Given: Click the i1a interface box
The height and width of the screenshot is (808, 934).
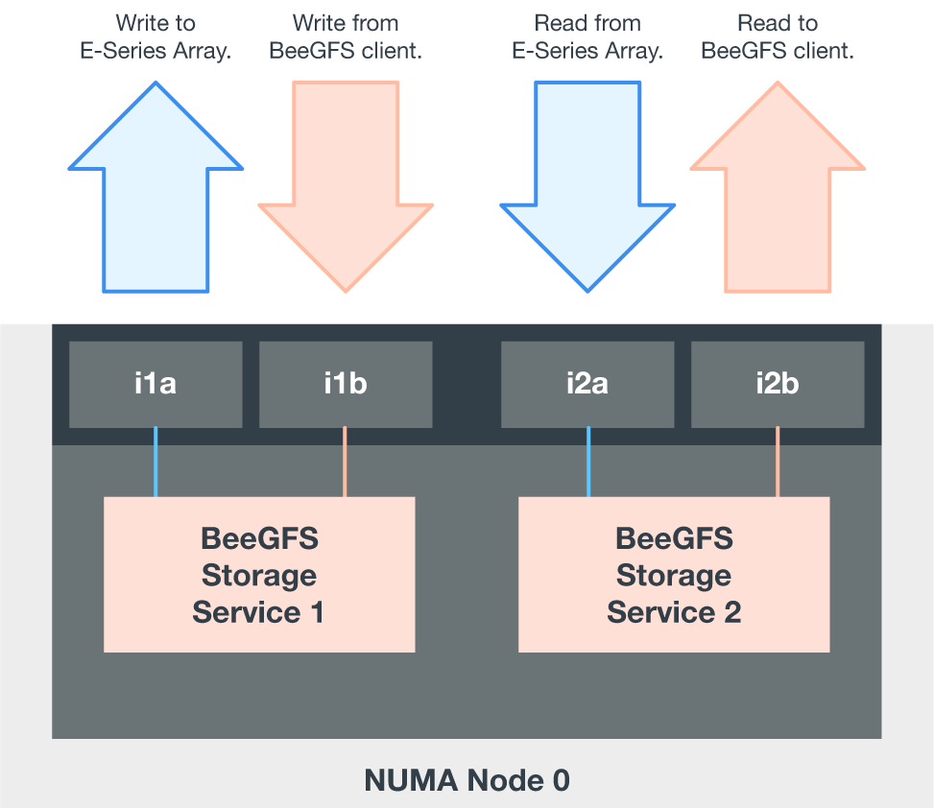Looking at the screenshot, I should [156, 385].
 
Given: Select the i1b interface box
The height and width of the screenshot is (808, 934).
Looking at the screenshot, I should [346, 385].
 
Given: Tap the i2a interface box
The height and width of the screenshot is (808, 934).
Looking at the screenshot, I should [587, 385].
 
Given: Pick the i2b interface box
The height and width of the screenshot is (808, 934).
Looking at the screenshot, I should [778, 385].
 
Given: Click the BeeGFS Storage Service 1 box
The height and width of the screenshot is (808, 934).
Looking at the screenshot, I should [259, 575].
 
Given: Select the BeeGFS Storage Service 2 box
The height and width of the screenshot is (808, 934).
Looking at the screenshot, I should [674, 575].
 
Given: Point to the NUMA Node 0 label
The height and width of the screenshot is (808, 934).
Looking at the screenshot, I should [467, 780].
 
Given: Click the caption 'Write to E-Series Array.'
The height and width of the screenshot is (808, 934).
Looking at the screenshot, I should [156, 37].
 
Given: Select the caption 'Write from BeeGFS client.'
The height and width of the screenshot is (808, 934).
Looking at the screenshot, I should [346, 37].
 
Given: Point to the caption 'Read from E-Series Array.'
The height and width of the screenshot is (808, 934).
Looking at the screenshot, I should [587, 37].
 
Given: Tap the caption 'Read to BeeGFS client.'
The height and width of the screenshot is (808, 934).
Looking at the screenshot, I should [778, 37].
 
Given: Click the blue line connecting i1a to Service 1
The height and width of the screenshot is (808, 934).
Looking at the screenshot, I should [156, 462].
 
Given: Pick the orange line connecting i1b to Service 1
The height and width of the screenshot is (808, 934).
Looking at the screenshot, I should [345, 462].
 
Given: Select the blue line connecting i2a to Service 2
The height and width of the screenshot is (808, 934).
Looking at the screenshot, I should [588, 462].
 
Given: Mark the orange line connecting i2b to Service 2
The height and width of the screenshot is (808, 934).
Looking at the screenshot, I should [778, 462].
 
